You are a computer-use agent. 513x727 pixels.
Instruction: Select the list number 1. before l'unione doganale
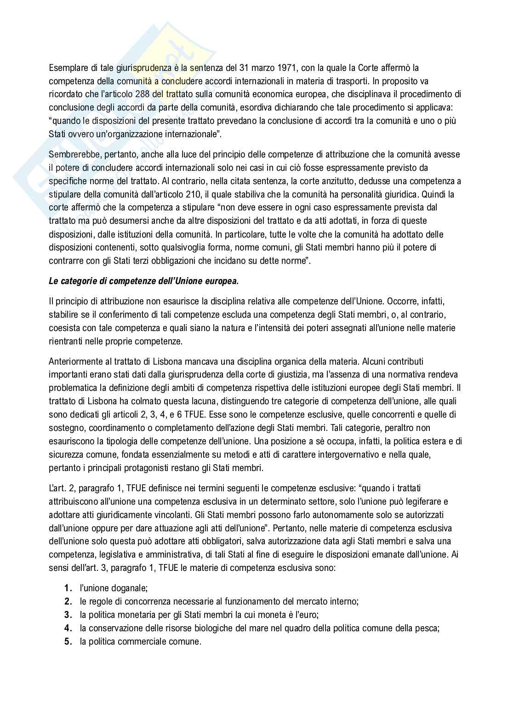pyautogui.click(x=68, y=588)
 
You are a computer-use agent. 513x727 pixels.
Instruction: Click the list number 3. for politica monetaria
pyautogui.click(x=68, y=615)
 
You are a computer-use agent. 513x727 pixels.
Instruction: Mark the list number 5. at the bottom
pyautogui.click(x=68, y=641)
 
